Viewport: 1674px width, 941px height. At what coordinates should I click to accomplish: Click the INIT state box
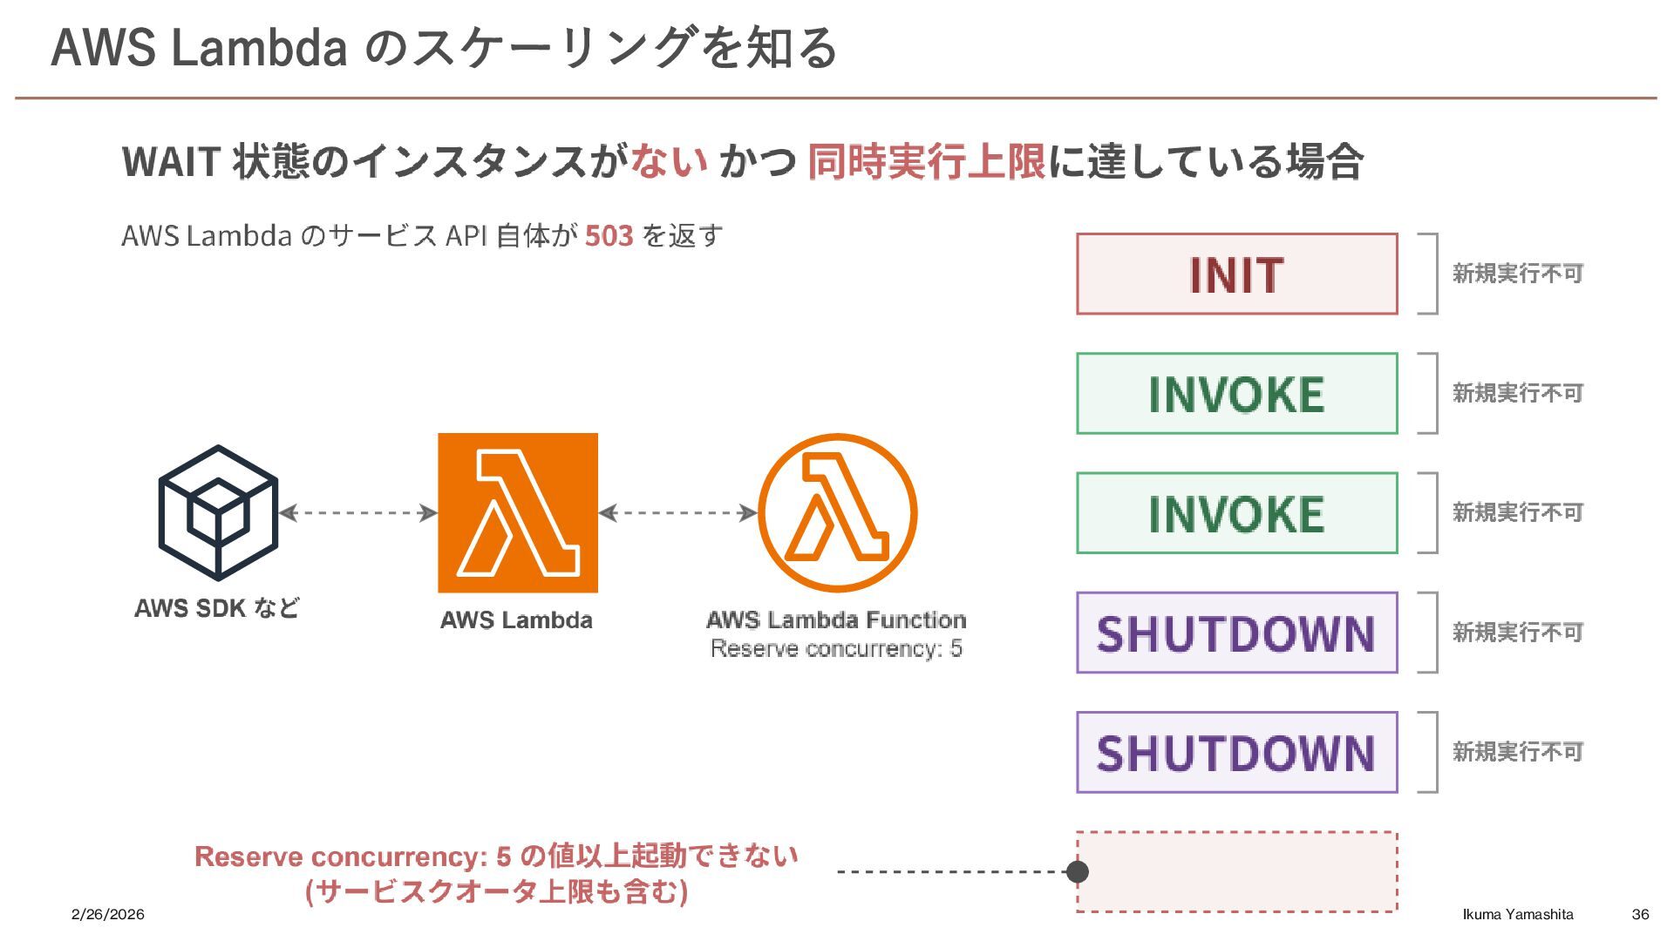pyautogui.click(x=1236, y=274)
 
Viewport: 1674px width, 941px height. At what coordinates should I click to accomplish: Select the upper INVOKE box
pyautogui.click(x=1236, y=393)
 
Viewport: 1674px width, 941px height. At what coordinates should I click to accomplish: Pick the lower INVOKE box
pyautogui.click(x=1236, y=512)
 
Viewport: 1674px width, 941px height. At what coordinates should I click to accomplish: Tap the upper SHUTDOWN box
pyautogui.click(x=1236, y=633)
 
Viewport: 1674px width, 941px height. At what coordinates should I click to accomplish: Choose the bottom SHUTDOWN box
pyautogui.click(x=1236, y=752)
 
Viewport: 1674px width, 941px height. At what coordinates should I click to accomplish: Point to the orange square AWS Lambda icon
pyautogui.click(x=518, y=512)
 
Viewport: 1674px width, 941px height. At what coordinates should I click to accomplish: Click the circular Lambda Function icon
pyautogui.click(x=837, y=512)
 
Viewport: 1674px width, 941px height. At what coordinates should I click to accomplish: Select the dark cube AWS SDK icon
pyautogui.click(x=218, y=512)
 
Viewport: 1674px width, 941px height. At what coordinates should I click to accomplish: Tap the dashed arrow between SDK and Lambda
pyautogui.click(x=357, y=512)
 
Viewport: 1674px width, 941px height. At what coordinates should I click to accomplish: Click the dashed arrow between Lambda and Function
pyautogui.click(x=677, y=512)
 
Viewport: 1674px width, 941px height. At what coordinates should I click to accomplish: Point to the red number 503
pyautogui.click(x=609, y=236)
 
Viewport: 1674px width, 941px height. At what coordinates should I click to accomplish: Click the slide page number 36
pyautogui.click(x=1640, y=914)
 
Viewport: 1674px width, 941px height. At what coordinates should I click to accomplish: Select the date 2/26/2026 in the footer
pyautogui.click(x=108, y=914)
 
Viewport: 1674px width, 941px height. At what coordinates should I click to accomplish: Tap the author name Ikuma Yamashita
pyautogui.click(x=1518, y=914)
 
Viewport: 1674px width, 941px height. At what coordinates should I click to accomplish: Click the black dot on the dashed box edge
pyautogui.click(x=1078, y=871)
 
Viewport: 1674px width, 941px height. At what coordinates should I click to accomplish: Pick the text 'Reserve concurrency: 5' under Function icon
pyautogui.click(x=836, y=649)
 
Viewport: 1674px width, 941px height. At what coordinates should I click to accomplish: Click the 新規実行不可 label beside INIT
pyautogui.click(x=1517, y=274)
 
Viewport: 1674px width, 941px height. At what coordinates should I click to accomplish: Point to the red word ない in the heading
pyautogui.click(x=669, y=161)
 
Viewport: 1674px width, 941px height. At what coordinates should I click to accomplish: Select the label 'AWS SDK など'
pyautogui.click(x=217, y=608)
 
